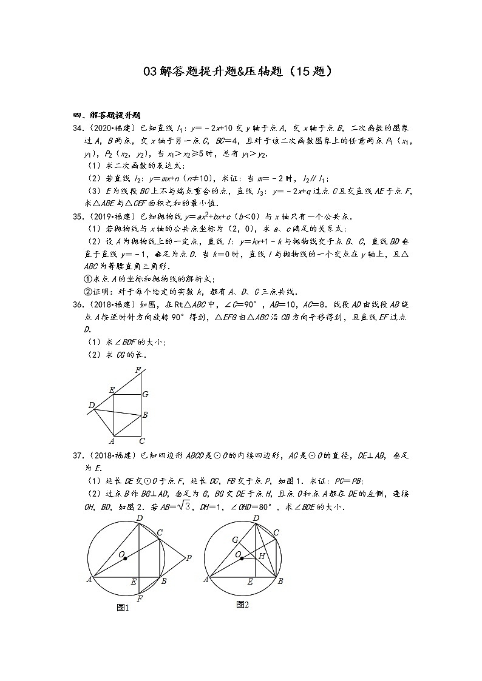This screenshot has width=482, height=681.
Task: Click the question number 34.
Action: (x=78, y=128)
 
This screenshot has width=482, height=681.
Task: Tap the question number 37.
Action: (x=78, y=455)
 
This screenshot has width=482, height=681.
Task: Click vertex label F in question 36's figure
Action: (x=138, y=370)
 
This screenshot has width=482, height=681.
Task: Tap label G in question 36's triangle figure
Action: (x=145, y=394)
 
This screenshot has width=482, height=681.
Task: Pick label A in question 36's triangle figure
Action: (x=112, y=441)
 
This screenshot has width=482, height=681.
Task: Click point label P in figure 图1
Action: (x=189, y=558)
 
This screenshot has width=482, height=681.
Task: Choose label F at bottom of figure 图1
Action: (x=140, y=598)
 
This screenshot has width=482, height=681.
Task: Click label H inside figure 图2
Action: (x=261, y=555)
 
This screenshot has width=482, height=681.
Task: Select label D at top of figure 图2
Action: (x=256, y=518)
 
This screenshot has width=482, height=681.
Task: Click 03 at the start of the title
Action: (x=150, y=72)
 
